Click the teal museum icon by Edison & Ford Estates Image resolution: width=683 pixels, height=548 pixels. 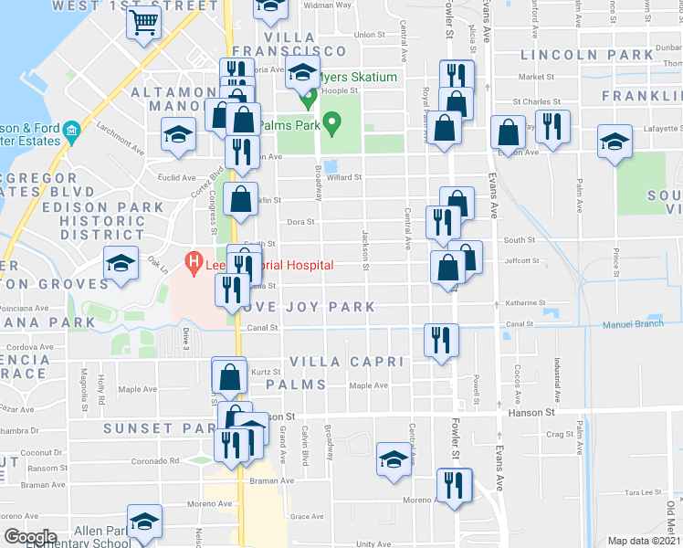click(71, 135)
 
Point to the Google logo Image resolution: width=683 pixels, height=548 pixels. click(30, 537)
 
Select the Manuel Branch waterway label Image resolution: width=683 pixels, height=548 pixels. click(639, 325)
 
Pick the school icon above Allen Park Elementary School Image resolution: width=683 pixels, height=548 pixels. click(144, 522)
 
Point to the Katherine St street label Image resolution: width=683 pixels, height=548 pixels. click(525, 302)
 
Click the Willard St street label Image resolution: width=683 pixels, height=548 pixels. click(344, 177)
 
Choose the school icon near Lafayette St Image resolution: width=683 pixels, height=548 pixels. click(615, 142)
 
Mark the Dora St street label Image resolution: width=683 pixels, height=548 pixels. click(300, 221)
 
